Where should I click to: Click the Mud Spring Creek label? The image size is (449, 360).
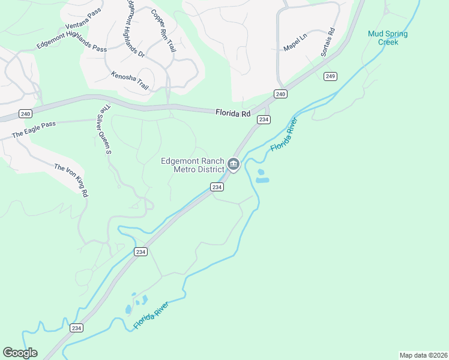click(388, 38)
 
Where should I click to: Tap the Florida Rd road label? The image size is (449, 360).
click(233, 112)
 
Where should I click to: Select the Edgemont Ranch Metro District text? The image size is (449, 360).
click(192, 165)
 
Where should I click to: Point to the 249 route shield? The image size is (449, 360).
click(330, 76)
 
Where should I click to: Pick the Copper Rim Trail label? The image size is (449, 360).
click(163, 29)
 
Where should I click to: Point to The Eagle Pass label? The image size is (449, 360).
click(34, 130)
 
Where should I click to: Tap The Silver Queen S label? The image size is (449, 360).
click(106, 130)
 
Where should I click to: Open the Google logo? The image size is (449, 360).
click(20, 353)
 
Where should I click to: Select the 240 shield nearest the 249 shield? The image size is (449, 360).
click(280, 94)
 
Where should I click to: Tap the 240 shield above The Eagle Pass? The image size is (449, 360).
click(25, 114)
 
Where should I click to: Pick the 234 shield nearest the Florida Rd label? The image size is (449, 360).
click(263, 120)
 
